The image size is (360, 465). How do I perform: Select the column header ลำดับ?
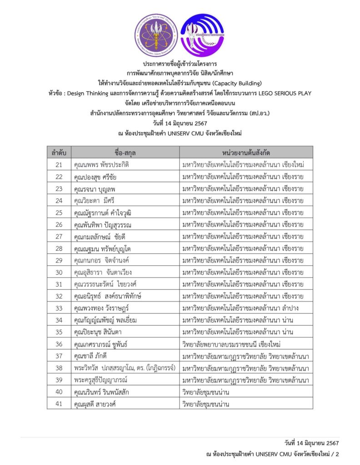[59, 152]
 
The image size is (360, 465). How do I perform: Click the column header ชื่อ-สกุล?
[125, 152]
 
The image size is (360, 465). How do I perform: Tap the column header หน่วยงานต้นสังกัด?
[245, 152]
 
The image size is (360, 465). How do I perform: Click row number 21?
[59, 164]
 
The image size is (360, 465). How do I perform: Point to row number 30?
[59, 272]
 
